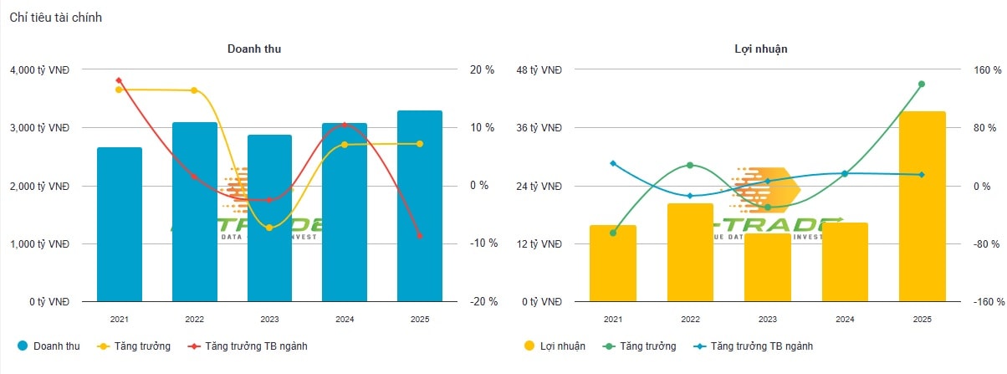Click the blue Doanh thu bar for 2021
pyautogui.click(x=119, y=224)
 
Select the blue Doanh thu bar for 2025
pyautogui.click(x=419, y=206)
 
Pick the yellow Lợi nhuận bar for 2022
pyautogui.click(x=690, y=252)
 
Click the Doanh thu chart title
pyautogui.click(x=254, y=49)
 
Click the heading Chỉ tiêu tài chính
pyautogui.click(x=56, y=18)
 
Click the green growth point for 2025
pyautogui.click(x=922, y=84)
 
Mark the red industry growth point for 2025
pyautogui.click(x=419, y=236)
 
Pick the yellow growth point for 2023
pyautogui.click(x=268, y=228)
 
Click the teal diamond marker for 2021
pyautogui.click(x=613, y=163)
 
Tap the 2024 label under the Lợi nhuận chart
pyautogui.click(x=845, y=320)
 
